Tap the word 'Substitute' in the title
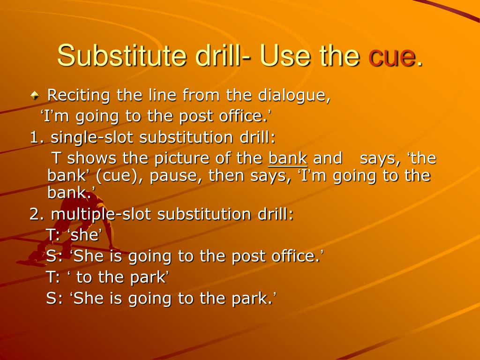tap(121, 55)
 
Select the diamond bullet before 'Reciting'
tap(35, 95)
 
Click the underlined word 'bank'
tap(287, 158)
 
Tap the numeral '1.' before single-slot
tap(37, 137)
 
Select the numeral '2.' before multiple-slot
tap(37, 214)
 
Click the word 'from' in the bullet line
tap(202, 95)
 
